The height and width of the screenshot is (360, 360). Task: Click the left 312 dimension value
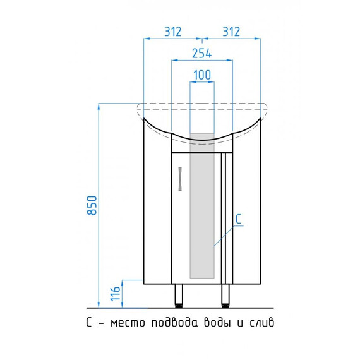(x=173, y=32)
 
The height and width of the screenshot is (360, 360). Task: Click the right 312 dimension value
(x=231, y=32)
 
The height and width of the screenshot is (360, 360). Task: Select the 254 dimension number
(x=202, y=53)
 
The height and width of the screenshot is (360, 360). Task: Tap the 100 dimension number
(x=202, y=75)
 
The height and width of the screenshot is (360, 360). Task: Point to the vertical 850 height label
(x=92, y=205)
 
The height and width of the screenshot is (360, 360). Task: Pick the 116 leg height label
(x=115, y=294)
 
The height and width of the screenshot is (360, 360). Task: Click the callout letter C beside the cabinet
(x=239, y=219)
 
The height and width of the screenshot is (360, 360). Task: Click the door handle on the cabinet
(x=180, y=179)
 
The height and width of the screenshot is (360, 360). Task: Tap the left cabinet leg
(x=179, y=296)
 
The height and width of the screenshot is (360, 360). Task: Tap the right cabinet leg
(x=225, y=296)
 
